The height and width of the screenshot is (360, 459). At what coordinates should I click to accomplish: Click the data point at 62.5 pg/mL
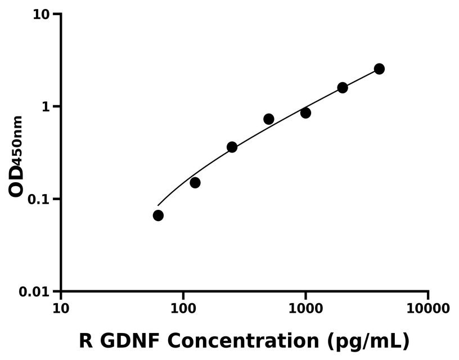point(158,215)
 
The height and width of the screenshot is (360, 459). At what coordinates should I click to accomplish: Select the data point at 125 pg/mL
point(195,183)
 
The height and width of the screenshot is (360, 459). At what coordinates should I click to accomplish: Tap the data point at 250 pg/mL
point(232,147)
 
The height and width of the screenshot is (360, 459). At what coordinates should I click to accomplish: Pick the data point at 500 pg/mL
point(269,119)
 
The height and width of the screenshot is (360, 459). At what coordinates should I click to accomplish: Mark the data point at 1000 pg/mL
point(305,113)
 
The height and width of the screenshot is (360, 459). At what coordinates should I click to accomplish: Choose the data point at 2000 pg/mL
point(343,88)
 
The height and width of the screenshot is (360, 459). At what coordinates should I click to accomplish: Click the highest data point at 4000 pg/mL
point(379,69)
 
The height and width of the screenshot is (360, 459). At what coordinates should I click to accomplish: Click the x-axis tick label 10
point(61,308)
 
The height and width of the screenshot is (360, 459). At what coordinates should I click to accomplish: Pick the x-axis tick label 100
point(183,308)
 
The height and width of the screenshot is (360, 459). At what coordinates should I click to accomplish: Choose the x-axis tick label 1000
point(305,308)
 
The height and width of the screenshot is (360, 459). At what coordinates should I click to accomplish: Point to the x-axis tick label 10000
point(428,308)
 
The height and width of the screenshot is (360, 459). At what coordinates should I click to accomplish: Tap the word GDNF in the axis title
point(129,340)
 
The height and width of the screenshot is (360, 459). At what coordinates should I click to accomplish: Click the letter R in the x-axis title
point(85,340)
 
